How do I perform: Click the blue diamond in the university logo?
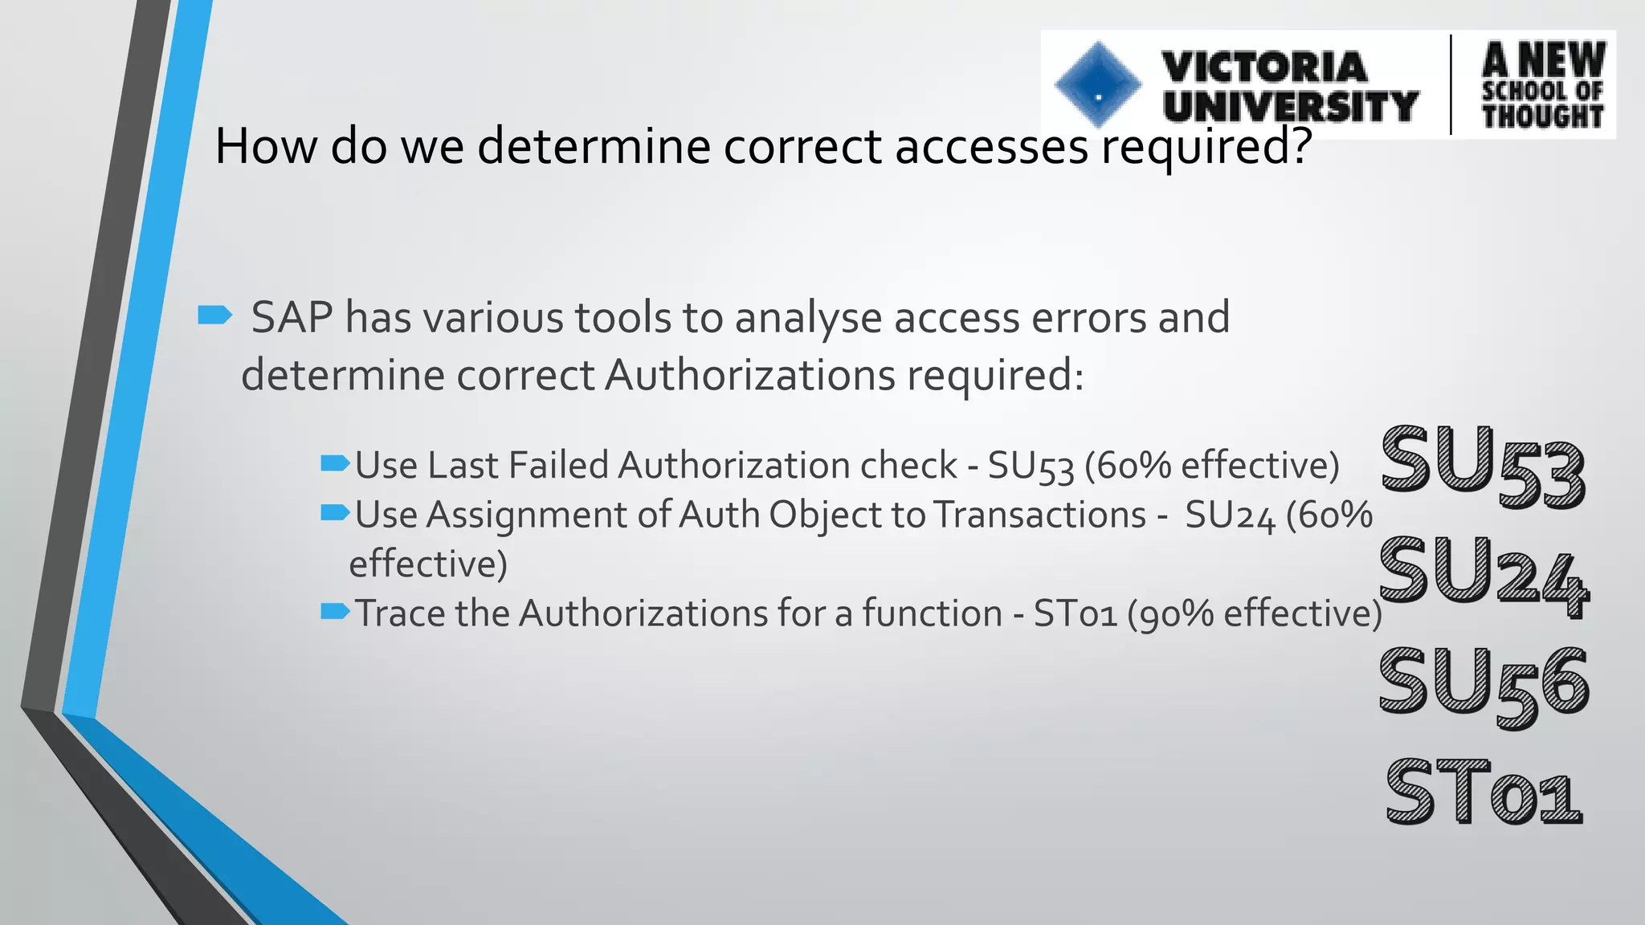click(1098, 84)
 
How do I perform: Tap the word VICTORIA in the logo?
click(1264, 66)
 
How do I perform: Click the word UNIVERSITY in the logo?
click(1290, 107)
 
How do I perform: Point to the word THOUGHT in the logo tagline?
click(1542, 116)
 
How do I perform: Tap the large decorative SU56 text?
click(1484, 683)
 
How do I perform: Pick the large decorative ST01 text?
click(1484, 793)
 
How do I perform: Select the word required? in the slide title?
click(1206, 146)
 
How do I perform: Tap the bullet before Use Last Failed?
click(335, 462)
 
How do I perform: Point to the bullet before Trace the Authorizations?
click(335, 611)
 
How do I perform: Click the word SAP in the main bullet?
click(292, 317)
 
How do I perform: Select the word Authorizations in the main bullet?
click(749, 375)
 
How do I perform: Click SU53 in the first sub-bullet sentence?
click(1031, 467)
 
